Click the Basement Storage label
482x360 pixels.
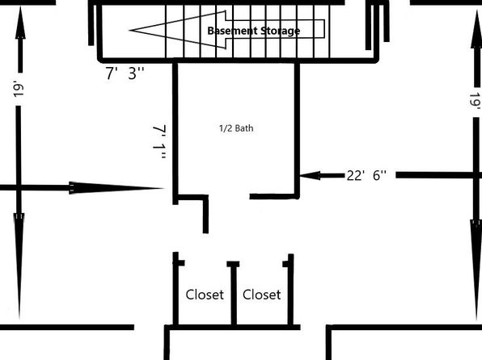[254, 31]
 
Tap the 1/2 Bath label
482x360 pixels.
[236, 128]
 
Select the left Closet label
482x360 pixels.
[205, 295]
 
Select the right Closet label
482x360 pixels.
[261, 295]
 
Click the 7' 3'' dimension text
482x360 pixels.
[125, 73]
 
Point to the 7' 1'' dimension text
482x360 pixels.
[159, 142]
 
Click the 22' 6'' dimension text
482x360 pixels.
[366, 175]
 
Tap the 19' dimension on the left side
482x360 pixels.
[19, 89]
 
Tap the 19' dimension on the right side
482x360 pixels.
[476, 101]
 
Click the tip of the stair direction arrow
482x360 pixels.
[129, 31]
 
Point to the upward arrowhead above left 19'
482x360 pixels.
[20, 22]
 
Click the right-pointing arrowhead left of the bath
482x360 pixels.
[116, 188]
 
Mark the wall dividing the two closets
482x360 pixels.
[234, 294]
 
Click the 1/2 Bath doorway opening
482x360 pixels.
[229, 196]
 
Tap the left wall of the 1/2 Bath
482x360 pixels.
[175, 133]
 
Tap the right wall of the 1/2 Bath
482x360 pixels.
[297, 130]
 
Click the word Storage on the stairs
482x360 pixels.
[281, 31]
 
